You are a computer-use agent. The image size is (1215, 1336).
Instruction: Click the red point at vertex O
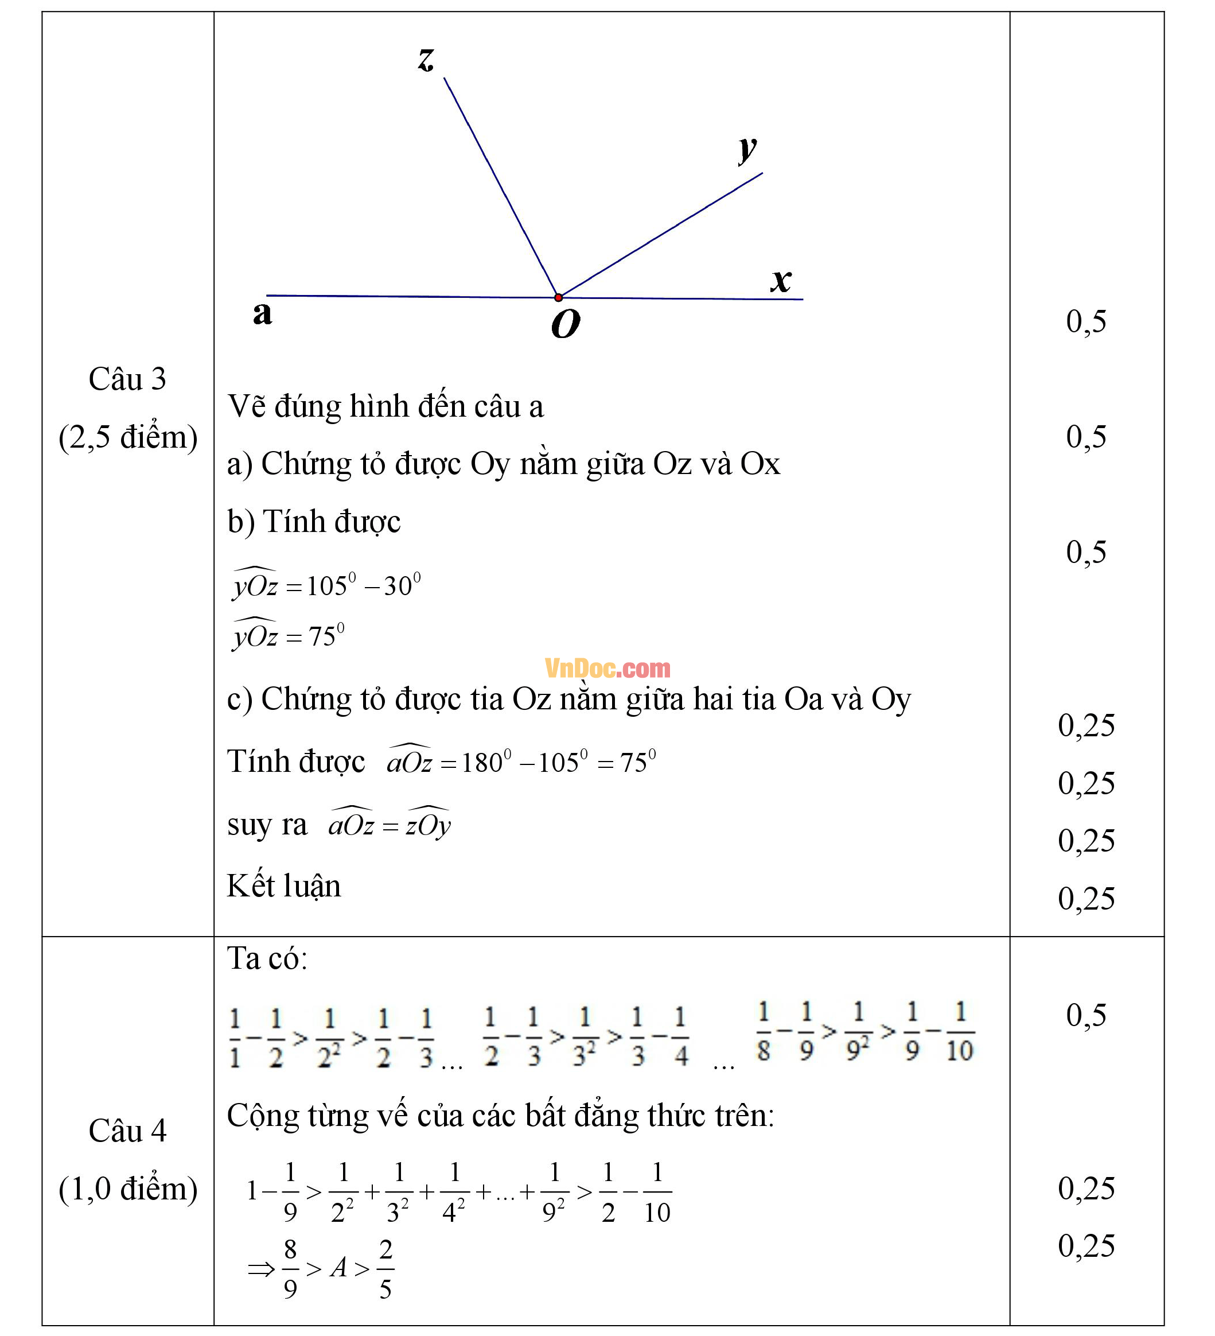click(x=559, y=297)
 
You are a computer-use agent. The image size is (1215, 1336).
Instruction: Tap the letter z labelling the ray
click(x=426, y=59)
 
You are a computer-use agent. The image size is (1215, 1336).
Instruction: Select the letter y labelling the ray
click(x=747, y=149)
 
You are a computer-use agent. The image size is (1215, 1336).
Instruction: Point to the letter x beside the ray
click(x=782, y=280)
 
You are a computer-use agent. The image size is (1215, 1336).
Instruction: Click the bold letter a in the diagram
click(x=262, y=313)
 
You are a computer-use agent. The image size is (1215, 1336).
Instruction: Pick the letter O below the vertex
click(x=566, y=325)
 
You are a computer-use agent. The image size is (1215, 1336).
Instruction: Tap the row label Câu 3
click(x=127, y=379)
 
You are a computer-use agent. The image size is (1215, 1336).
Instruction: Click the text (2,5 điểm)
click(x=128, y=437)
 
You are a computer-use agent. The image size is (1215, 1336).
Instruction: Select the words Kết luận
click(x=283, y=886)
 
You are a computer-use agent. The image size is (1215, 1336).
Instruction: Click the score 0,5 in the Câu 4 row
click(x=1086, y=1015)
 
